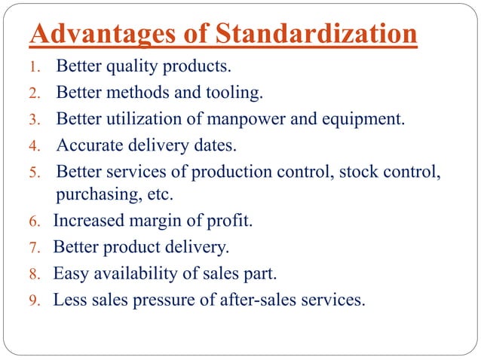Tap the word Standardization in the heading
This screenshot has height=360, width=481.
pyautogui.click(x=316, y=35)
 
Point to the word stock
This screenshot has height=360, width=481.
pyautogui.click(x=357, y=170)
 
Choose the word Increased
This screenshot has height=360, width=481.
pyautogui.click(x=84, y=221)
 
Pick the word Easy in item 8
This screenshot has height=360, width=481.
pyautogui.click(x=69, y=273)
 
